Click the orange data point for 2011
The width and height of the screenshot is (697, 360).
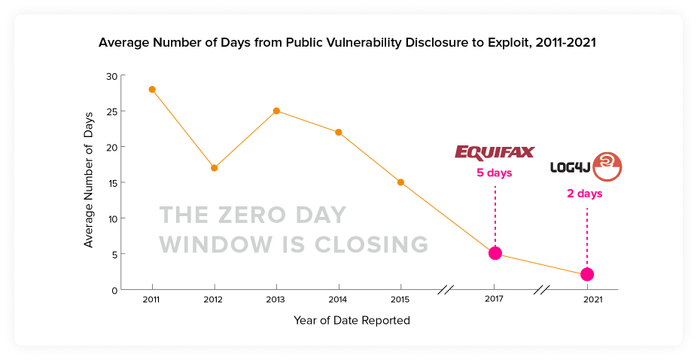click(x=152, y=89)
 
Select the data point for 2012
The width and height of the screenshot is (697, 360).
click(x=215, y=168)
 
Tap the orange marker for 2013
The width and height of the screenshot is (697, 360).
click(x=276, y=111)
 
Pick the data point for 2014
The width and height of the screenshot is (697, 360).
click(x=339, y=132)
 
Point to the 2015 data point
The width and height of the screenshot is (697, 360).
click(x=400, y=182)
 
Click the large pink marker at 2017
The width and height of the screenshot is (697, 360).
click(x=495, y=253)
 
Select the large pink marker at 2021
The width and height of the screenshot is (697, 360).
click(x=587, y=274)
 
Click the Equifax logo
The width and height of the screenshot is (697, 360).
click(x=494, y=153)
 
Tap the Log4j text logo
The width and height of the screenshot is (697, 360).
click(x=570, y=166)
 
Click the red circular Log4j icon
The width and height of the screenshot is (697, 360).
click(x=607, y=166)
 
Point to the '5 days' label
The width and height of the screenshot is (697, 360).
click(x=494, y=173)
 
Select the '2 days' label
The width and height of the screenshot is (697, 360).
click(x=585, y=194)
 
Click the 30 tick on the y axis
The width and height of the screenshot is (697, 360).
click(x=111, y=75)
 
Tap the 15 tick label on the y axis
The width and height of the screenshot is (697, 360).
click(x=111, y=182)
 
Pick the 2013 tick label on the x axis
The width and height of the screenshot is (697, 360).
click(x=276, y=299)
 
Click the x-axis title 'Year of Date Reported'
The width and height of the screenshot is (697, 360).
click(x=352, y=320)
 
